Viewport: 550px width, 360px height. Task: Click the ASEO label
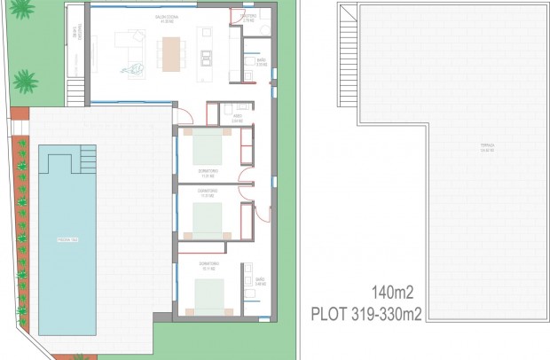(x=238, y=116)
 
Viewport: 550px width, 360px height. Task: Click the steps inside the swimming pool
(x=87, y=159)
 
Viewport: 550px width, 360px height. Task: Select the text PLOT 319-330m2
(x=366, y=312)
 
